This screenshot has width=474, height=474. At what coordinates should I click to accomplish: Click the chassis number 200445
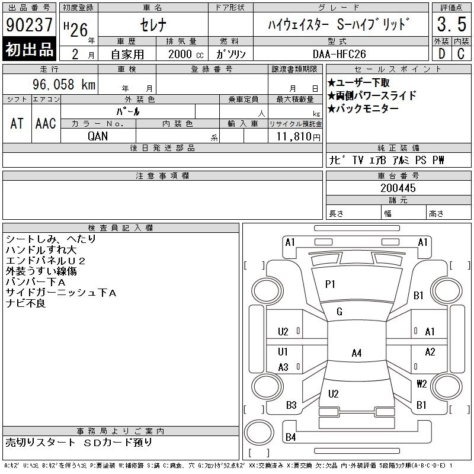point(398,188)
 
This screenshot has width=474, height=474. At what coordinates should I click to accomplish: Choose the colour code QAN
point(98,135)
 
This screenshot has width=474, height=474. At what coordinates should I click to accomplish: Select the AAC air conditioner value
point(46,123)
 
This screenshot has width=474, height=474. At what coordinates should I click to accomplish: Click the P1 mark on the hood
point(330,285)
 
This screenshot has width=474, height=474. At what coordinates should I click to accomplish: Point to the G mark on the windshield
point(340,312)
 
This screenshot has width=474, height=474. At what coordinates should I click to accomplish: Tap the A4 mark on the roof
point(356,353)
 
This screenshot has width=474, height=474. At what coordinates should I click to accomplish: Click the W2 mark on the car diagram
point(422,383)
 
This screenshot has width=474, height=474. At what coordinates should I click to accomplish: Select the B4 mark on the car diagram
point(290,437)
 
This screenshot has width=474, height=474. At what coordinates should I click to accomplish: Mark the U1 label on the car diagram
point(283,351)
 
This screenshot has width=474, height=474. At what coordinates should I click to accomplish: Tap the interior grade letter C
point(461,53)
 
